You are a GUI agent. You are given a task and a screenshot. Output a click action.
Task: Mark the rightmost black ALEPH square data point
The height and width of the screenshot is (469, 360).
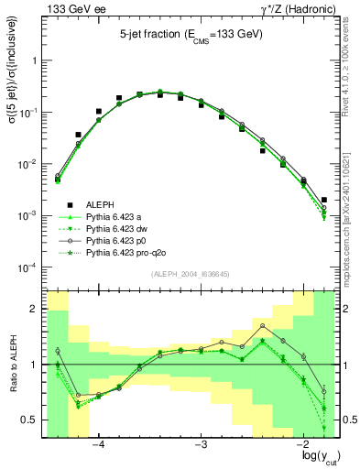click(x=324, y=199)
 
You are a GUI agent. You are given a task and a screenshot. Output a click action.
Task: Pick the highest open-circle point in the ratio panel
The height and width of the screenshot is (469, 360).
click(x=262, y=325)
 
